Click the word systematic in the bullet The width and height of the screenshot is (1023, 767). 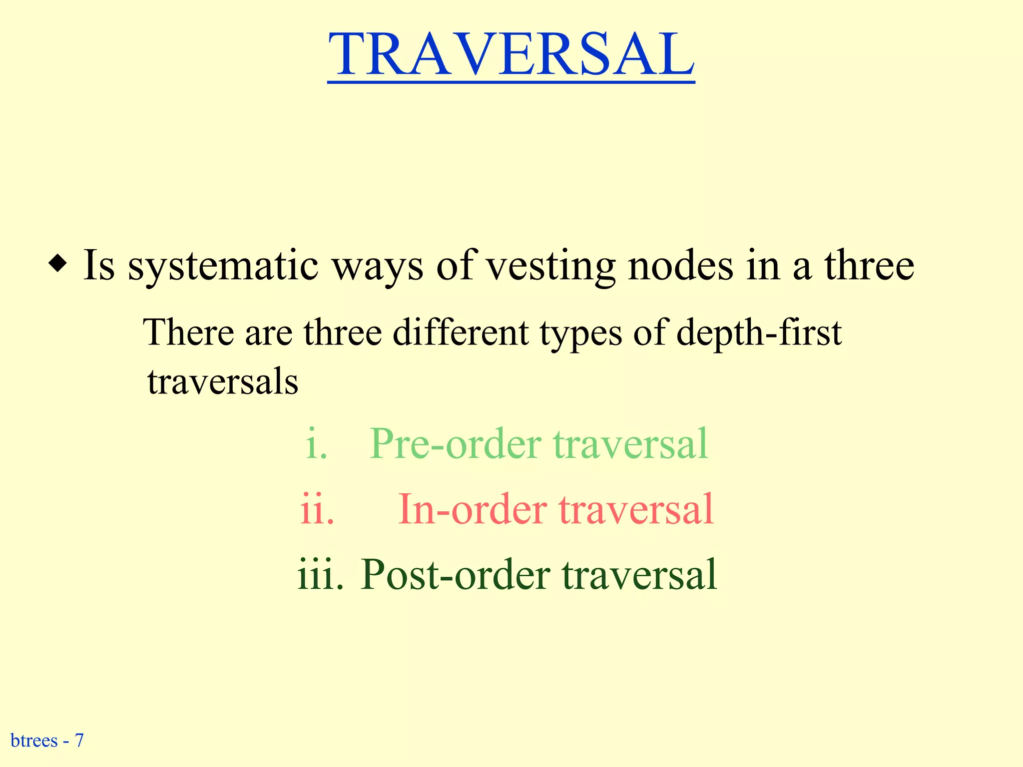point(223,266)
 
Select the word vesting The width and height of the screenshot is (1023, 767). point(551,266)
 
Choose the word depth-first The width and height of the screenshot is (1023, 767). point(759,334)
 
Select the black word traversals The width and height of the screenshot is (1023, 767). point(223,382)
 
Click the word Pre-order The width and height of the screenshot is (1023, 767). point(455,444)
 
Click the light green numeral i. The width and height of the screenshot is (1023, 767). point(316,444)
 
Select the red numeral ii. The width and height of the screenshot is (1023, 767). point(317,509)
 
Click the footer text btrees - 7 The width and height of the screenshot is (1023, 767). point(47,740)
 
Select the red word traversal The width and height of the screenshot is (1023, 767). point(636,509)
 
